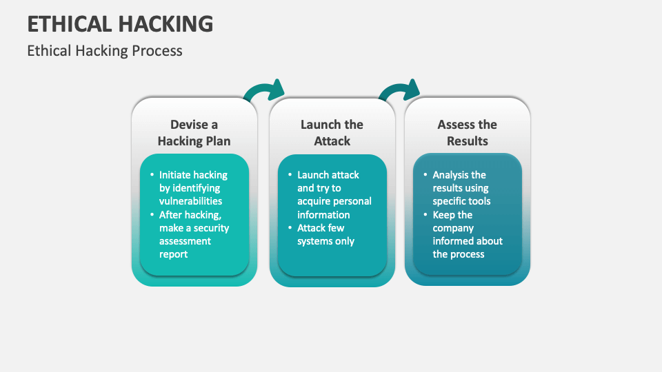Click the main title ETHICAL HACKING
coord(120,23)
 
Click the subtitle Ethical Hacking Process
coord(105,51)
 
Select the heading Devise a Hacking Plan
coord(194,133)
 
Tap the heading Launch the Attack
coord(332,133)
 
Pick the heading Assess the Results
coord(467,133)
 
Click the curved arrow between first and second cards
coord(265,92)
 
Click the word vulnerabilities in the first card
coord(190,201)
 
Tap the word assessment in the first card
coord(185,241)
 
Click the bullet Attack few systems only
coord(325,234)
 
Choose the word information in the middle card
coord(323,214)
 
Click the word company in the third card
coord(453,228)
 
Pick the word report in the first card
coord(173,254)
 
